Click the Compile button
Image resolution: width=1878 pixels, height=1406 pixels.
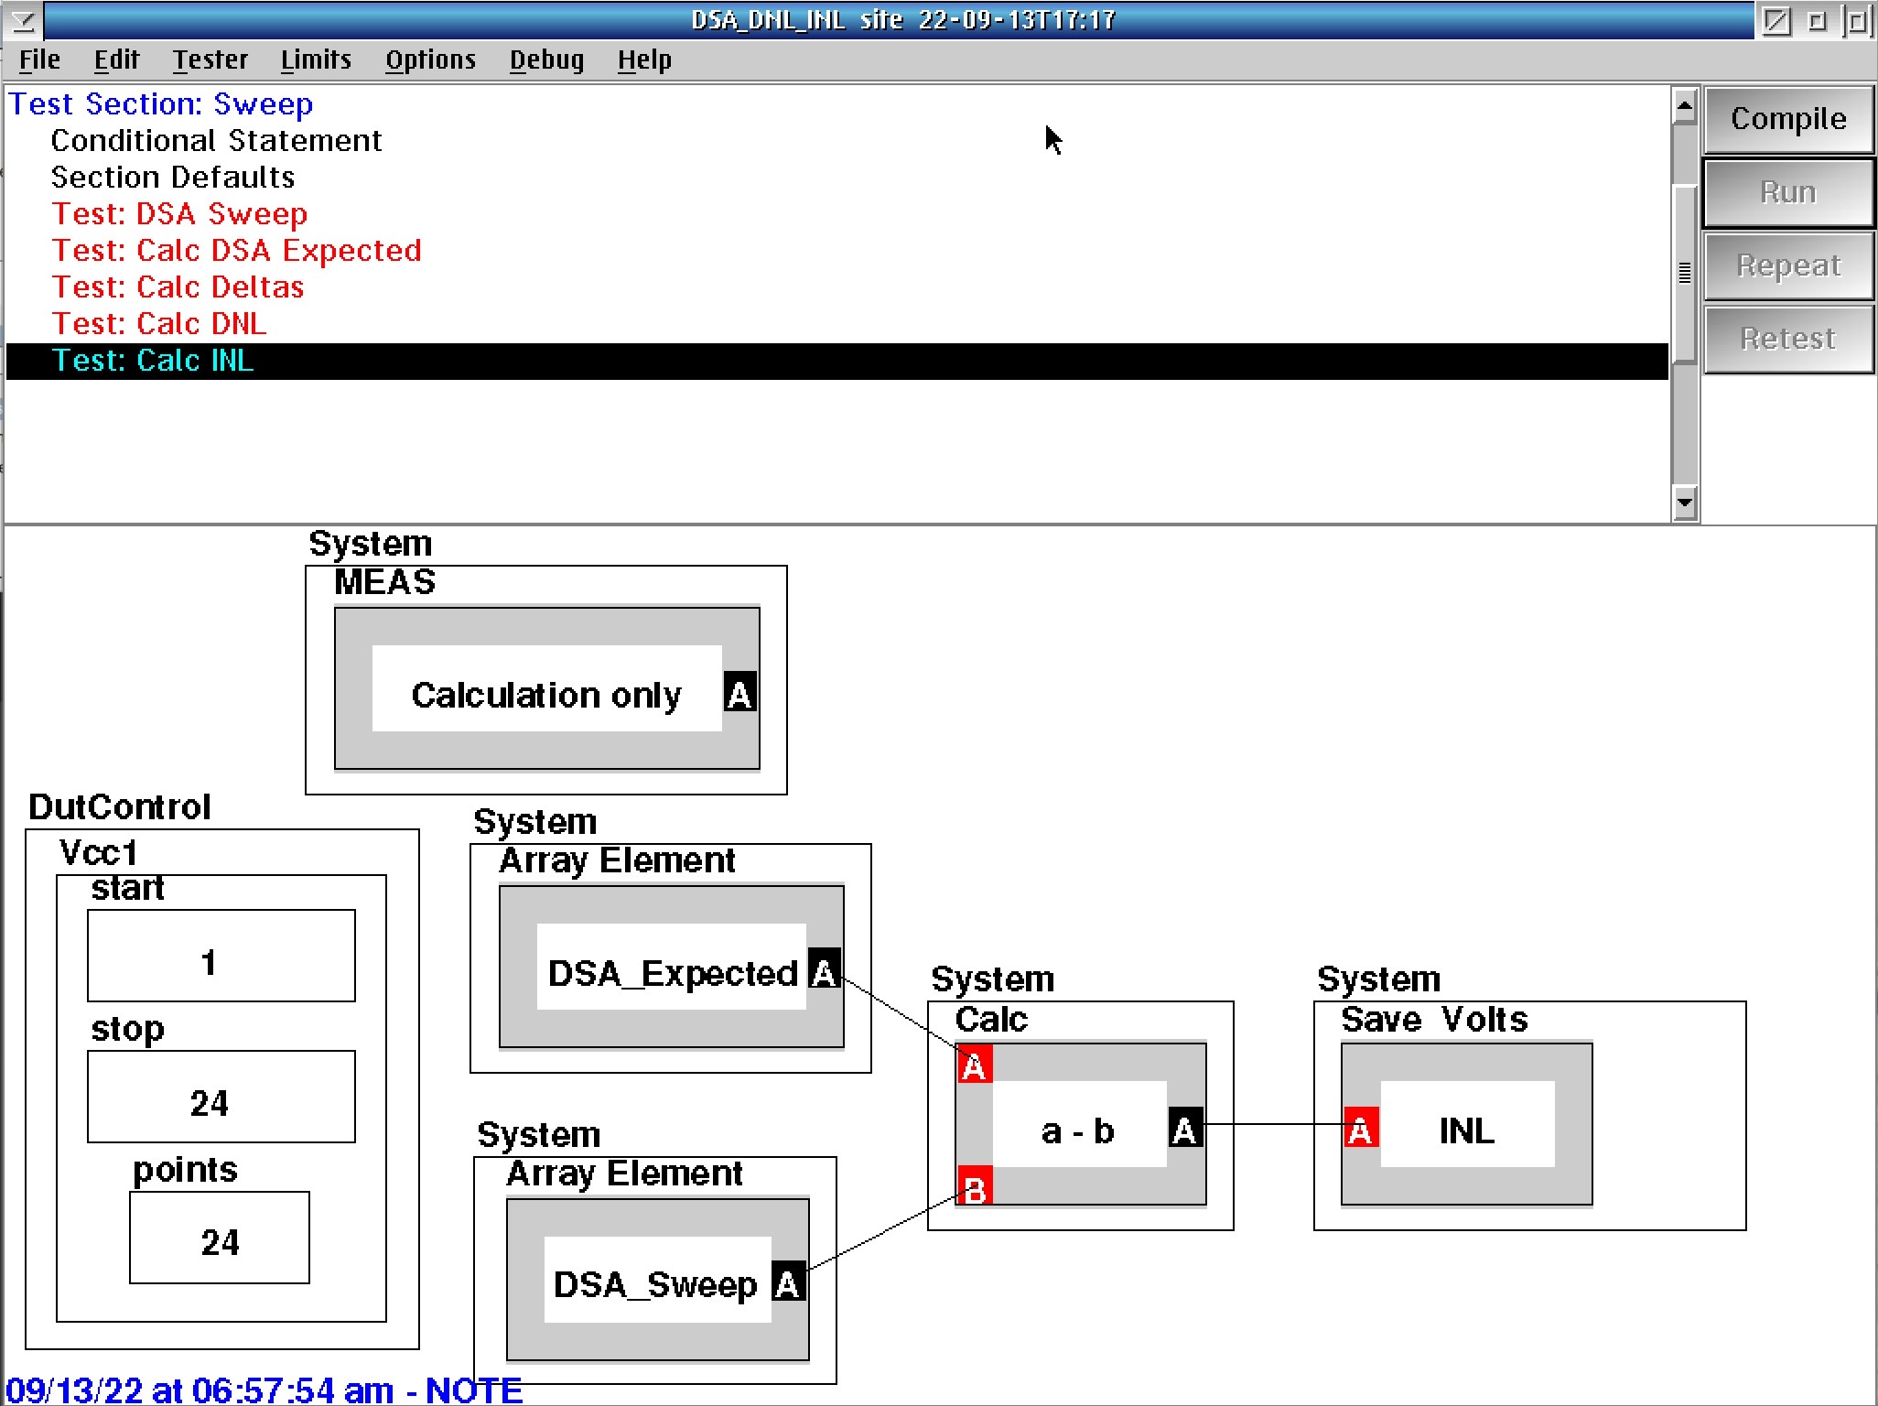(x=1788, y=119)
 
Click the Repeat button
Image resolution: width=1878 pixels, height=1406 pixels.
(x=1788, y=265)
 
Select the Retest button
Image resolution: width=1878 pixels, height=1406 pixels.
(x=1788, y=339)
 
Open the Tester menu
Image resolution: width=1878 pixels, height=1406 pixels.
(x=210, y=60)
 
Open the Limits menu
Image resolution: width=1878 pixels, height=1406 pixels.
(x=316, y=60)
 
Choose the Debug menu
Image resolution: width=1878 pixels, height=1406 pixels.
(x=546, y=60)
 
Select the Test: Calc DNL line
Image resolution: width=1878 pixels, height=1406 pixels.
(x=159, y=324)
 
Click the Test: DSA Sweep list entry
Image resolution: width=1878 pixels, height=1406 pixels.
(x=179, y=214)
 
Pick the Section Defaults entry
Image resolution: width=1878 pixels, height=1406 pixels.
(x=173, y=178)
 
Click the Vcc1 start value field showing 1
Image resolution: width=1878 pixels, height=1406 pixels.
(x=221, y=956)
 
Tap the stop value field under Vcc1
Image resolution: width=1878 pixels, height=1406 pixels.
(x=221, y=1097)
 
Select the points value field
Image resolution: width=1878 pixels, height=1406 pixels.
(x=220, y=1238)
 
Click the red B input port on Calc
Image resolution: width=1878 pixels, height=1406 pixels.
(x=975, y=1187)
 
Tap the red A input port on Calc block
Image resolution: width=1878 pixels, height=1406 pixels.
(x=975, y=1065)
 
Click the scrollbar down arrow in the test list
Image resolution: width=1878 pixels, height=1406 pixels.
(x=1685, y=503)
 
